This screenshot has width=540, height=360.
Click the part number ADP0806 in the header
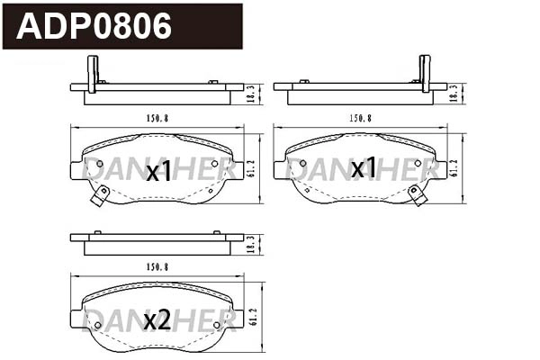[x=94, y=27]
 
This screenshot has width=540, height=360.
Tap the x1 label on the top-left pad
[x=158, y=173]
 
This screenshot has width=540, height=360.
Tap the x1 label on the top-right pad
[x=364, y=168]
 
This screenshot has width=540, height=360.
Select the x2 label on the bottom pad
[x=157, y=319]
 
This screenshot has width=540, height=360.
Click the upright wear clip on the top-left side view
[x=91, y=73]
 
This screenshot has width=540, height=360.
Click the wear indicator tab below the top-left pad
[x=101, y=194]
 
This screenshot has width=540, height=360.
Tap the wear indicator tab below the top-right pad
[x=417, y=194]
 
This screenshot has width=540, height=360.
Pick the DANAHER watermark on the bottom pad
[x=158, y=317]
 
